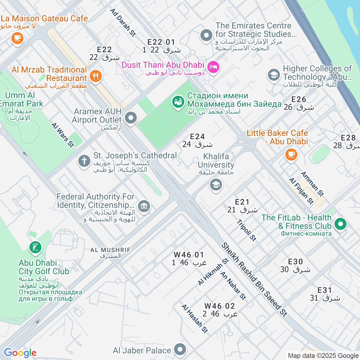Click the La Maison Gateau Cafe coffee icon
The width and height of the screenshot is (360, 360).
[17, 38]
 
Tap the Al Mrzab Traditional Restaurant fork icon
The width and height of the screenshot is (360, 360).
[95, 76]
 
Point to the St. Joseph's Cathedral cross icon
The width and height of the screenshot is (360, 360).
[84, 161]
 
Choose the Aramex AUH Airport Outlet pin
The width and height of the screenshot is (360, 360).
[130, 118]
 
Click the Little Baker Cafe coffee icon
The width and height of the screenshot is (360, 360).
[291, 154]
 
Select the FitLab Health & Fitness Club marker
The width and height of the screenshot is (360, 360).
[340, 224]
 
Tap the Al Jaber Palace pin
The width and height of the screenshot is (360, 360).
[180, 349]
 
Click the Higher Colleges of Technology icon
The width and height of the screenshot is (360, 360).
[274, 75]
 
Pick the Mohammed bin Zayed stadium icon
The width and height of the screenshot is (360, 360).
[178, 102]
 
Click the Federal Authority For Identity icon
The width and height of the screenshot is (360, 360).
[144, 206]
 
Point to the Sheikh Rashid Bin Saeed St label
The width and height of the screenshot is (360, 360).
[254, 280]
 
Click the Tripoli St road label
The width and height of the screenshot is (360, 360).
[247, 230]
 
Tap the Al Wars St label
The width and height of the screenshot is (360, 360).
[62, 135]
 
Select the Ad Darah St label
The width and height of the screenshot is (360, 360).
[123, 22]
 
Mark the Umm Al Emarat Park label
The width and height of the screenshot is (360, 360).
[20, 100]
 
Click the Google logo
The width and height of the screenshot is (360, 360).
[20, 353]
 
